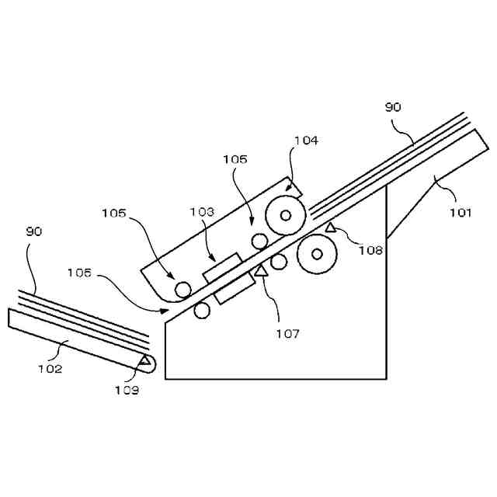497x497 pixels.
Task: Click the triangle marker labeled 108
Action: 330,228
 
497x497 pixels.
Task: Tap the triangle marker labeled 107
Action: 261,271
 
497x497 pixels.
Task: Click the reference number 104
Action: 306,141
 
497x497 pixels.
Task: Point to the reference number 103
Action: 202,210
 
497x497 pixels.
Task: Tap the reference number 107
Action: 287,334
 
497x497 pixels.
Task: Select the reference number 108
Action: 370,249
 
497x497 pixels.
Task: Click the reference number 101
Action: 460,212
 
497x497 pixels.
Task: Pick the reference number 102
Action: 50,368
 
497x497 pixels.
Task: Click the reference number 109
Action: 126,390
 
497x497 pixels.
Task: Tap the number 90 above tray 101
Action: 394,107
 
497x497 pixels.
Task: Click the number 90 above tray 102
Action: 34,231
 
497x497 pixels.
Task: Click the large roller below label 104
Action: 286,214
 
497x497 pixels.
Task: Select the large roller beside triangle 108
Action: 317,253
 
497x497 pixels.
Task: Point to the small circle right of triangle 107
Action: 279,262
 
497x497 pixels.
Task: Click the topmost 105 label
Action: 235,159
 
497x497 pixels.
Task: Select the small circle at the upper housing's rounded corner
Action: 183,290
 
